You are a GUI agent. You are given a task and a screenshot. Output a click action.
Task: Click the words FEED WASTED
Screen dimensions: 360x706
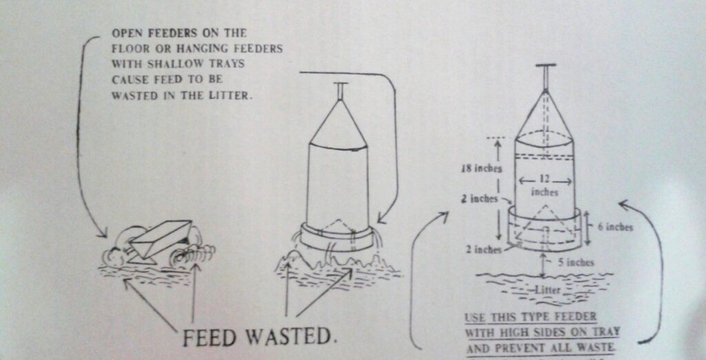(256, 337)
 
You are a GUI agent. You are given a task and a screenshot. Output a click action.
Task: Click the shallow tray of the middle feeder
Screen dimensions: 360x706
(337, 238)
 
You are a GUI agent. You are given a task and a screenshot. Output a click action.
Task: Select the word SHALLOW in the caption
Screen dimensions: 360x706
(166, 65)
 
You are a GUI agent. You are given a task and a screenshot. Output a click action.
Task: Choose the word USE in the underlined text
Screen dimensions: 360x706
(476, 318)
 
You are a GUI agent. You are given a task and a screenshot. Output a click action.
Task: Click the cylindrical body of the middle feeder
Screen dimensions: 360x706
(337, 183)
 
